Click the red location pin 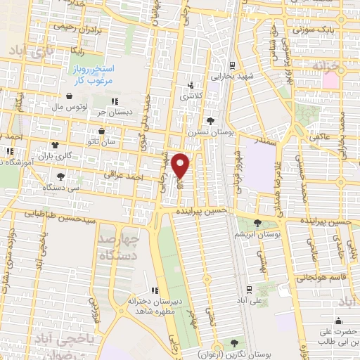181,165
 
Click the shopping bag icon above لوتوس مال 70,96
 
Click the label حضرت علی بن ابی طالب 338,335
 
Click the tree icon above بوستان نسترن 210,120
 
